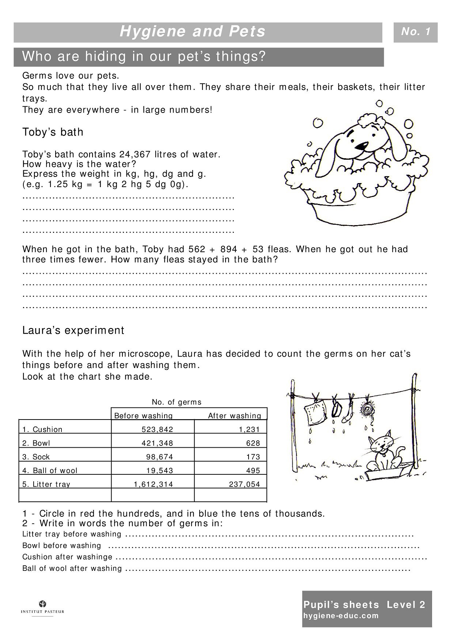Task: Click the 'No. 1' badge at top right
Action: coord(415,32)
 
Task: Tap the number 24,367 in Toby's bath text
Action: coord(132,154)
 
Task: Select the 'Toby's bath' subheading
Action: coord(53,132)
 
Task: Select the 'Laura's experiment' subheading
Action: coord(73,330)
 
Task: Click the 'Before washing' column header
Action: coord(143,416)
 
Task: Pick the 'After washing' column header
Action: coord(235,416)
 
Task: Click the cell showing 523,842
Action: coord(157,429)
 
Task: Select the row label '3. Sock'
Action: coord(36,457)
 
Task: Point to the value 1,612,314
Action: coord(153,484)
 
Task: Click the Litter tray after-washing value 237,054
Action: coord(244,484)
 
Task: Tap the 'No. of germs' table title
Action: coord(177,402)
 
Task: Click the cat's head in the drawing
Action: coord(380,445)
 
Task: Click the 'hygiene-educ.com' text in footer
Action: coord(341,615)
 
